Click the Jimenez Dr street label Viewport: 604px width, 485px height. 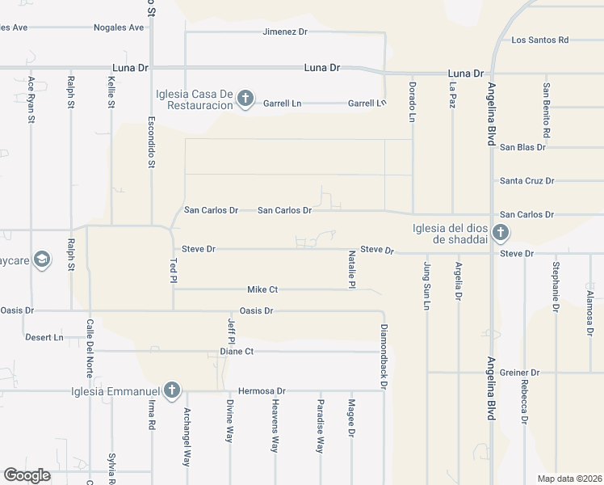pyautogui.click(x=285, y=32)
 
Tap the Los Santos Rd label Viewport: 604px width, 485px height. pyautogui.click(x=540, y=40)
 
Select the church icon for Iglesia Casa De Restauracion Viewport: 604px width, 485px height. pyautogui.click(x=245, y=99)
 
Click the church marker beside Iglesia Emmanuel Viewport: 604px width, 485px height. pyautogui.click(x=170, y=391)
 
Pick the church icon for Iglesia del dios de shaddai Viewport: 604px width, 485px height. pyautogui.click(x=500, y=234)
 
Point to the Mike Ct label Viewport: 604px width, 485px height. pyautogui.click(x=262, y=289)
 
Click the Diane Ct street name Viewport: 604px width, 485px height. pyautogui.click(x=237, y=352)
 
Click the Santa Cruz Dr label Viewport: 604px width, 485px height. pyautogui.click(x=526, y=181)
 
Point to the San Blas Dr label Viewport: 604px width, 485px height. pyautogui.click(x=522, y=147)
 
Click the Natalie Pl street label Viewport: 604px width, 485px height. pyautogui.click(x=352, y=268)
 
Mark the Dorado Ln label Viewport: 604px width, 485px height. pyautogui.click(x=412, y=101)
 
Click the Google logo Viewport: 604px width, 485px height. pyautogui.click(x=27, y=475)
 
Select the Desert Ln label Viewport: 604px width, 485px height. pyautogui.click(x=44, y=337)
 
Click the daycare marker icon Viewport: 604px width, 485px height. pyautogui.click(x=42, y=259)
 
